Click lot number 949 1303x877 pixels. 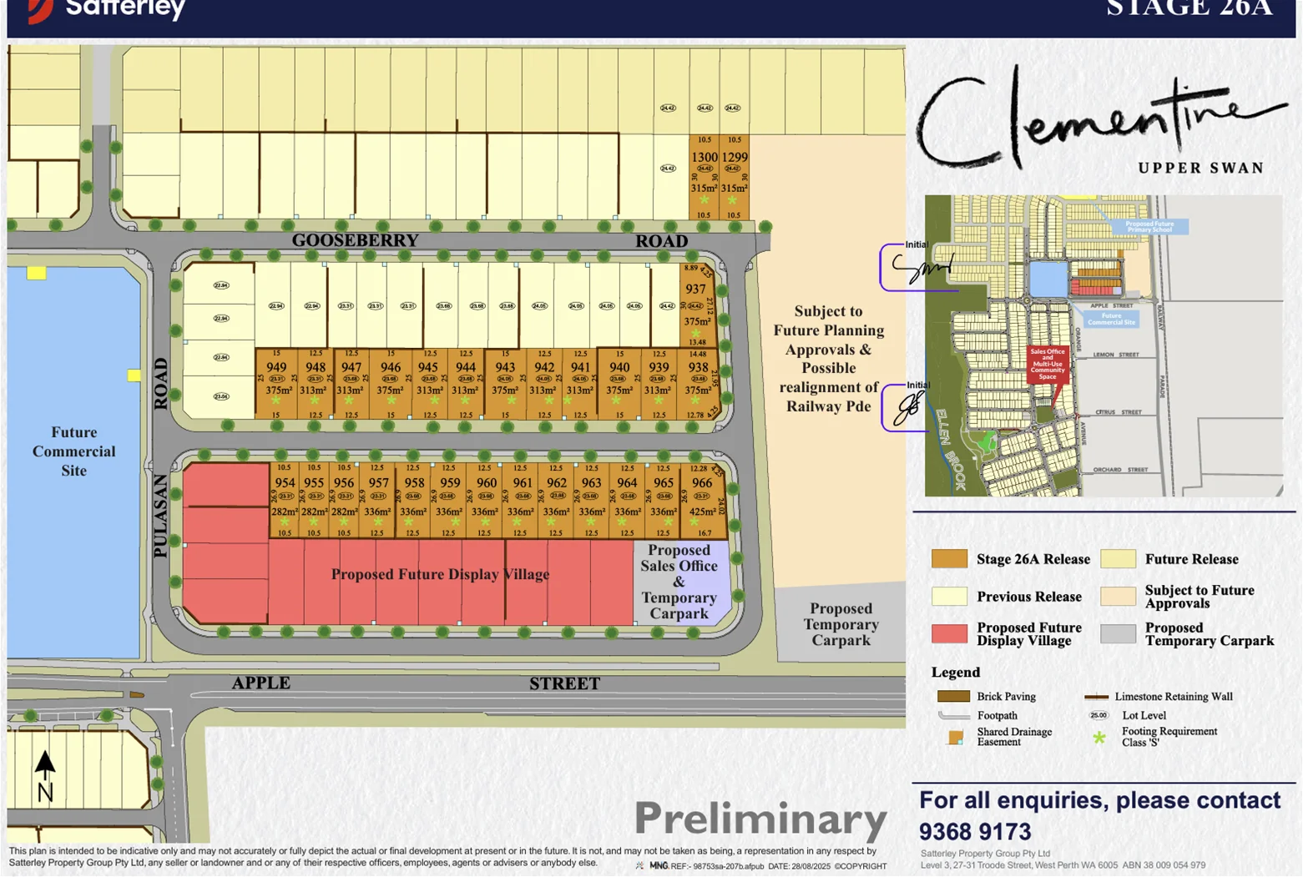276,367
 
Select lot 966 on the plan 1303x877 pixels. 702,482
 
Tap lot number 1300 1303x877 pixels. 704,157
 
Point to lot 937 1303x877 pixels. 695,289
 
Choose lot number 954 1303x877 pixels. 285,482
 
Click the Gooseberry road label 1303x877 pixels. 355,240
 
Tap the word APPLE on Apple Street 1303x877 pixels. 261,683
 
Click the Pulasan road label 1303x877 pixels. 161,516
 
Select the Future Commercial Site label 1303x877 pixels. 73,451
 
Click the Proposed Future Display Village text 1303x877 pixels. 440,574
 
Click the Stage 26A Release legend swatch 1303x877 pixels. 949,559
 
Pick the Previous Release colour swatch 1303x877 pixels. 949,597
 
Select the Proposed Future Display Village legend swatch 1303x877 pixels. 949,633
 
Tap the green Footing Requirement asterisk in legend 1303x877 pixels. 1099,738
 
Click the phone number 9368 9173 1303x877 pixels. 975,832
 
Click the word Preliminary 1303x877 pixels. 760,819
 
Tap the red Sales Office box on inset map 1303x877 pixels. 1048,364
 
